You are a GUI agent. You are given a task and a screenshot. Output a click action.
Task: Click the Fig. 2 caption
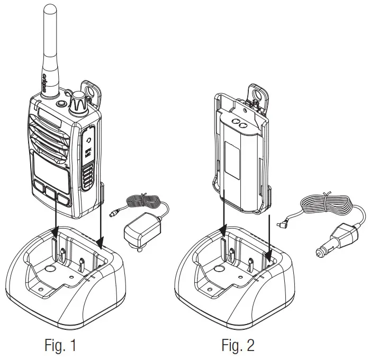[x=238, y=346]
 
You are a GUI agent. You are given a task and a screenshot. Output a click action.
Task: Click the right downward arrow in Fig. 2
[x=270, y=233]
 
